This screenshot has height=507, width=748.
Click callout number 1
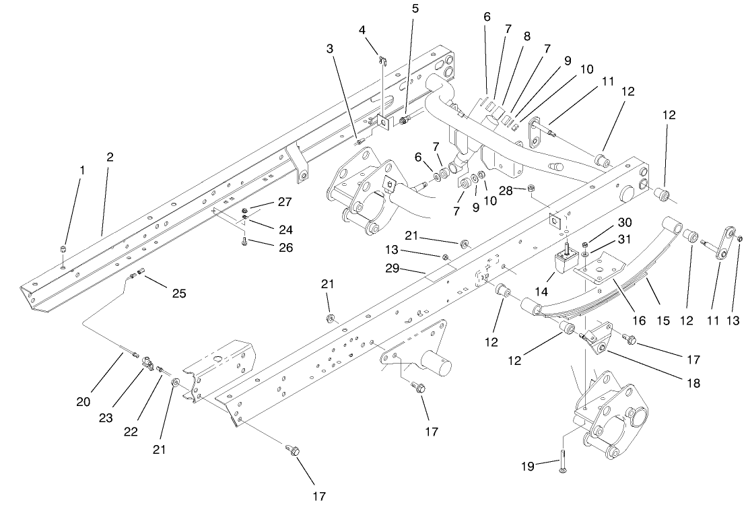pos(83,171)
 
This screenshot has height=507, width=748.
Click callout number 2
pos(110,157)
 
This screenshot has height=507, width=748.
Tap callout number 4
pos(362,30)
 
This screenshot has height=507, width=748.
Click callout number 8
pos(526,36)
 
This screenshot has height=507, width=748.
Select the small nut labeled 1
pos(63,250)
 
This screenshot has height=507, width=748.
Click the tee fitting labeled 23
pos(149,363)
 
